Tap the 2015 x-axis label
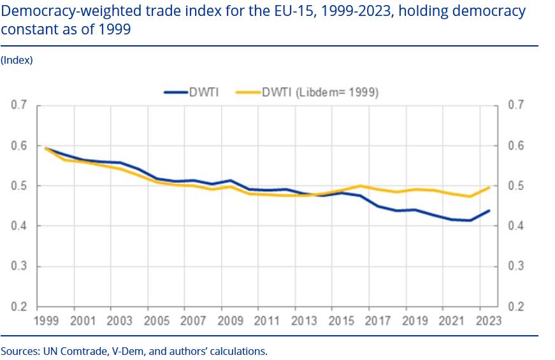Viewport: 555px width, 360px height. (342, 320)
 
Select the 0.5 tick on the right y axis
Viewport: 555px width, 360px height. (515, 186)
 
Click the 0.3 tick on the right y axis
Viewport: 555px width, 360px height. (515, 266)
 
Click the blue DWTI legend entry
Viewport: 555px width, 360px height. (191, 92)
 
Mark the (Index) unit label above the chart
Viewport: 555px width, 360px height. (17, 60)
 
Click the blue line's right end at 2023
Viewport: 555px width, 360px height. (489, 210)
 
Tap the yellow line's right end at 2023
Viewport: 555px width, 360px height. (489, 187)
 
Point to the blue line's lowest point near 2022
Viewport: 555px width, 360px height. (470, 220)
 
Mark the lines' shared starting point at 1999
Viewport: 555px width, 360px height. (47, 148)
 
